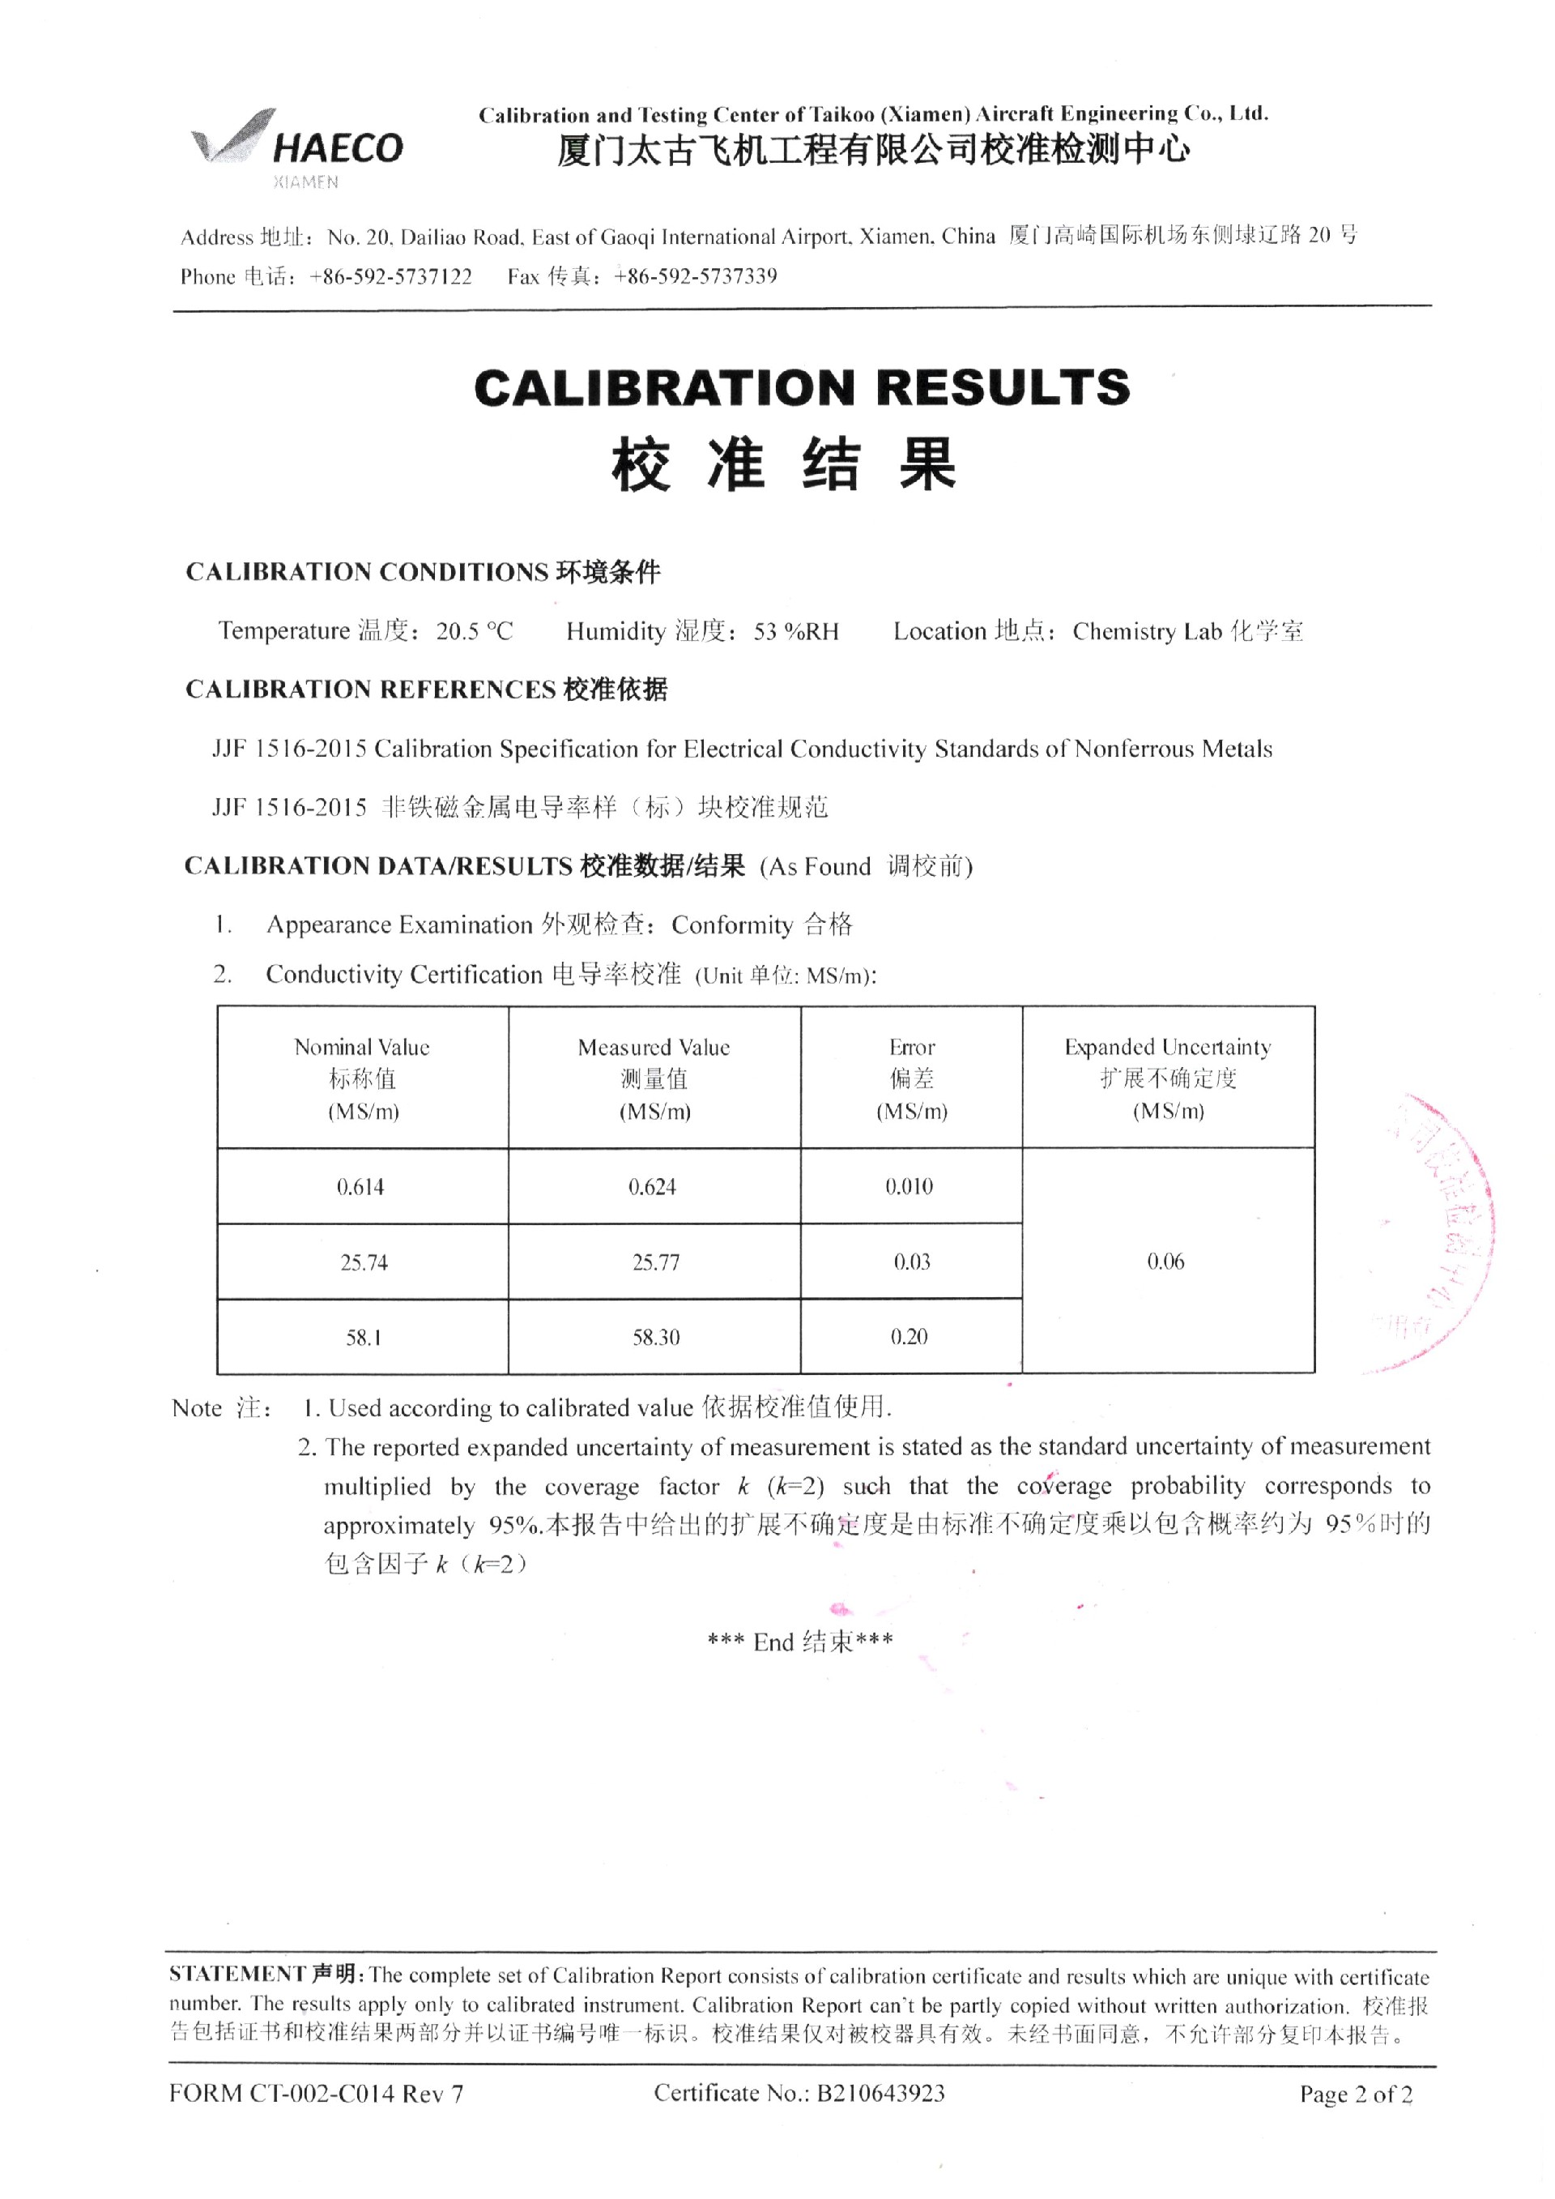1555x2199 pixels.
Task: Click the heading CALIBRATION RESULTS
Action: (x=802, y=387)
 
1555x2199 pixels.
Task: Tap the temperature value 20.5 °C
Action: (x=475, y=631)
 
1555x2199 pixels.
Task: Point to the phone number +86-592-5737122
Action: (x=390, y=277)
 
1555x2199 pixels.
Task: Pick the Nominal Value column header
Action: (x=362, y=1078)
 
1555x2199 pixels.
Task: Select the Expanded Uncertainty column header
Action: (x=1167, y=1078)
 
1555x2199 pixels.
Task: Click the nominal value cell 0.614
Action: (x=361, y=1188)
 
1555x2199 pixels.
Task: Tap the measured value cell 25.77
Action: (x=656, y=1262)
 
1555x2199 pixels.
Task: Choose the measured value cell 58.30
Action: (x=656, y=1337)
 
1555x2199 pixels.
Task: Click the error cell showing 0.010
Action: (x=910, y=1187)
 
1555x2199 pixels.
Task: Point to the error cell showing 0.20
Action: (x=910, y=1337)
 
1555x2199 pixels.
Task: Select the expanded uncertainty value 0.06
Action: (x=1166, y=1262)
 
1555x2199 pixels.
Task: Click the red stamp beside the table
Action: (x=1436, y=1231)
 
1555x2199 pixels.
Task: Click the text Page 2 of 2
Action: (x=1355, y=2094)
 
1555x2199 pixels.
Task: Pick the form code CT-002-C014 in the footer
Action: (x=322, y=2094)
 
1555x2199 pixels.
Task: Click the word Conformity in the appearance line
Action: (x=731, y=925)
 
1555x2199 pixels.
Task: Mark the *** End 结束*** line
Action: (x=800, y=1642)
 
